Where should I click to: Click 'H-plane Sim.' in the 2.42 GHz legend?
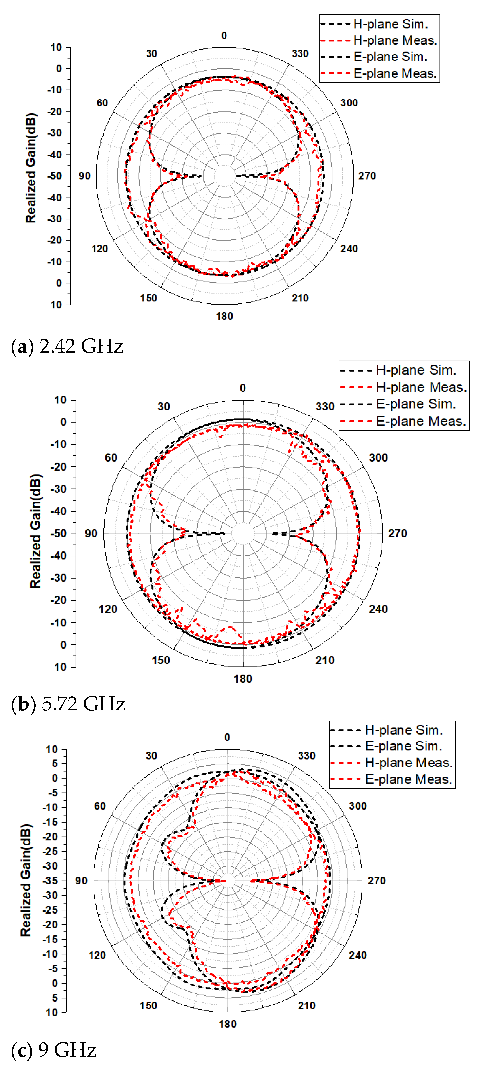(x=390, y=24)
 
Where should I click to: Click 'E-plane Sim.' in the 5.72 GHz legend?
(x=416, y=404)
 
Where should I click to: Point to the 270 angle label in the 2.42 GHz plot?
(x=367, y=176)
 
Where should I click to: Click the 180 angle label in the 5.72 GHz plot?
(x=243, y=679)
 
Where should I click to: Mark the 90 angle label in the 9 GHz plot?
(x=81, y=880)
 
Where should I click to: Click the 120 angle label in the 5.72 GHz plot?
(x=108, y=609)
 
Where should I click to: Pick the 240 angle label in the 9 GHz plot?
(x=357, y=955)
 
